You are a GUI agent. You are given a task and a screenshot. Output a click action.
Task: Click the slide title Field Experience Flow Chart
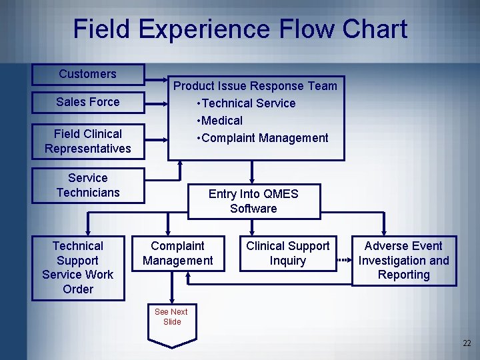[x=240, y=29]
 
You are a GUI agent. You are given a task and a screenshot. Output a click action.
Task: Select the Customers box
[x=87, y=74]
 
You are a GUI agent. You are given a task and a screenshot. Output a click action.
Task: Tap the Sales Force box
[x=87, y=102]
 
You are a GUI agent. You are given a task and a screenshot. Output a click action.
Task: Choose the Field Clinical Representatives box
[x=87, y=141]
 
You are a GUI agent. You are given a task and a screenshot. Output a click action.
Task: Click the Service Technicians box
[x=87, y=185]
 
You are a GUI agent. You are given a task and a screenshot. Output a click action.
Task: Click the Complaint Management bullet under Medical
[x=264, y=138]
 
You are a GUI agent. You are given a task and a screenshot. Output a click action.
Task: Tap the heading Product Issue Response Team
[x=255, y=86]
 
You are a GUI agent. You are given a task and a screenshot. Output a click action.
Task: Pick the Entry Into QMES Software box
[x=253, y=201]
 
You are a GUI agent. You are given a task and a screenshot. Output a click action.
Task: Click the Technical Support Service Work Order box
[x=77, y=267]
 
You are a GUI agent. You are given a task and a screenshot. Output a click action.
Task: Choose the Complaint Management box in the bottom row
[x=177, y=253]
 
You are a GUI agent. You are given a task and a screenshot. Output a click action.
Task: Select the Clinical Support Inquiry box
[x=287, y=253]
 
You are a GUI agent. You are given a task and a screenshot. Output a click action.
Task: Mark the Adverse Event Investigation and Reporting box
[x=403, y=261]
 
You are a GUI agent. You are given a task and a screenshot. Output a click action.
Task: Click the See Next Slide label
[x=171, y=317]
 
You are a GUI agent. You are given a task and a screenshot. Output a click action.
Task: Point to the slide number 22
[x=466, y=343]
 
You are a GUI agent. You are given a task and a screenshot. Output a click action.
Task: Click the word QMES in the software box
[x=281, y=194]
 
